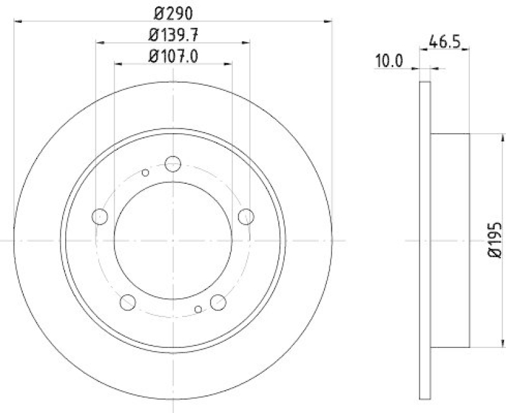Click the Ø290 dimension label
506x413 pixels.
tap(173, 12)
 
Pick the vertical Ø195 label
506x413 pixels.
tap(495, 240)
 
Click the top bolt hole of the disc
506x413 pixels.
tap(173, 164)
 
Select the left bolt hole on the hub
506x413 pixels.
tap(100, 217)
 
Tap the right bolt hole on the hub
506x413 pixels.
tap(245, 217)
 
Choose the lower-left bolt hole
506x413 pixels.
tap(128, 302)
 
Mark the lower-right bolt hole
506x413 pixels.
tap(218, 302)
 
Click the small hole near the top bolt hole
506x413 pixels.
tap(145, 172)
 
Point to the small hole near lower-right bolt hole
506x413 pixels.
tap(199, 309)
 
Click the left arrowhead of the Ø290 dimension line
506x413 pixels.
tap(17, 21)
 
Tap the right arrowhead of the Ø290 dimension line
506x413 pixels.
tap(328, 21)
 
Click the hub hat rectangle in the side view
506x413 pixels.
tap(450, 240)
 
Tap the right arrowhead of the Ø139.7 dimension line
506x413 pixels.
tap(246, 42)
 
